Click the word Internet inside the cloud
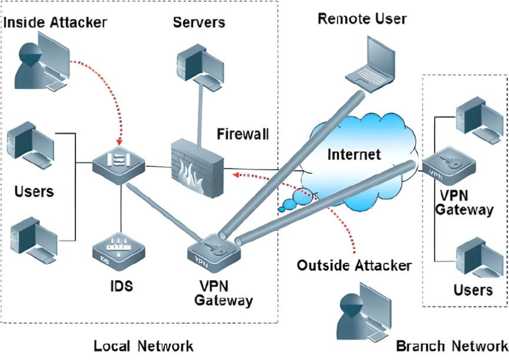click(354, 155)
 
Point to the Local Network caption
click(143, 346)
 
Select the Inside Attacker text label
click(56, 23)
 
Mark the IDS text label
click(121, 286)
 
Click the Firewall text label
click(243, 134)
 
